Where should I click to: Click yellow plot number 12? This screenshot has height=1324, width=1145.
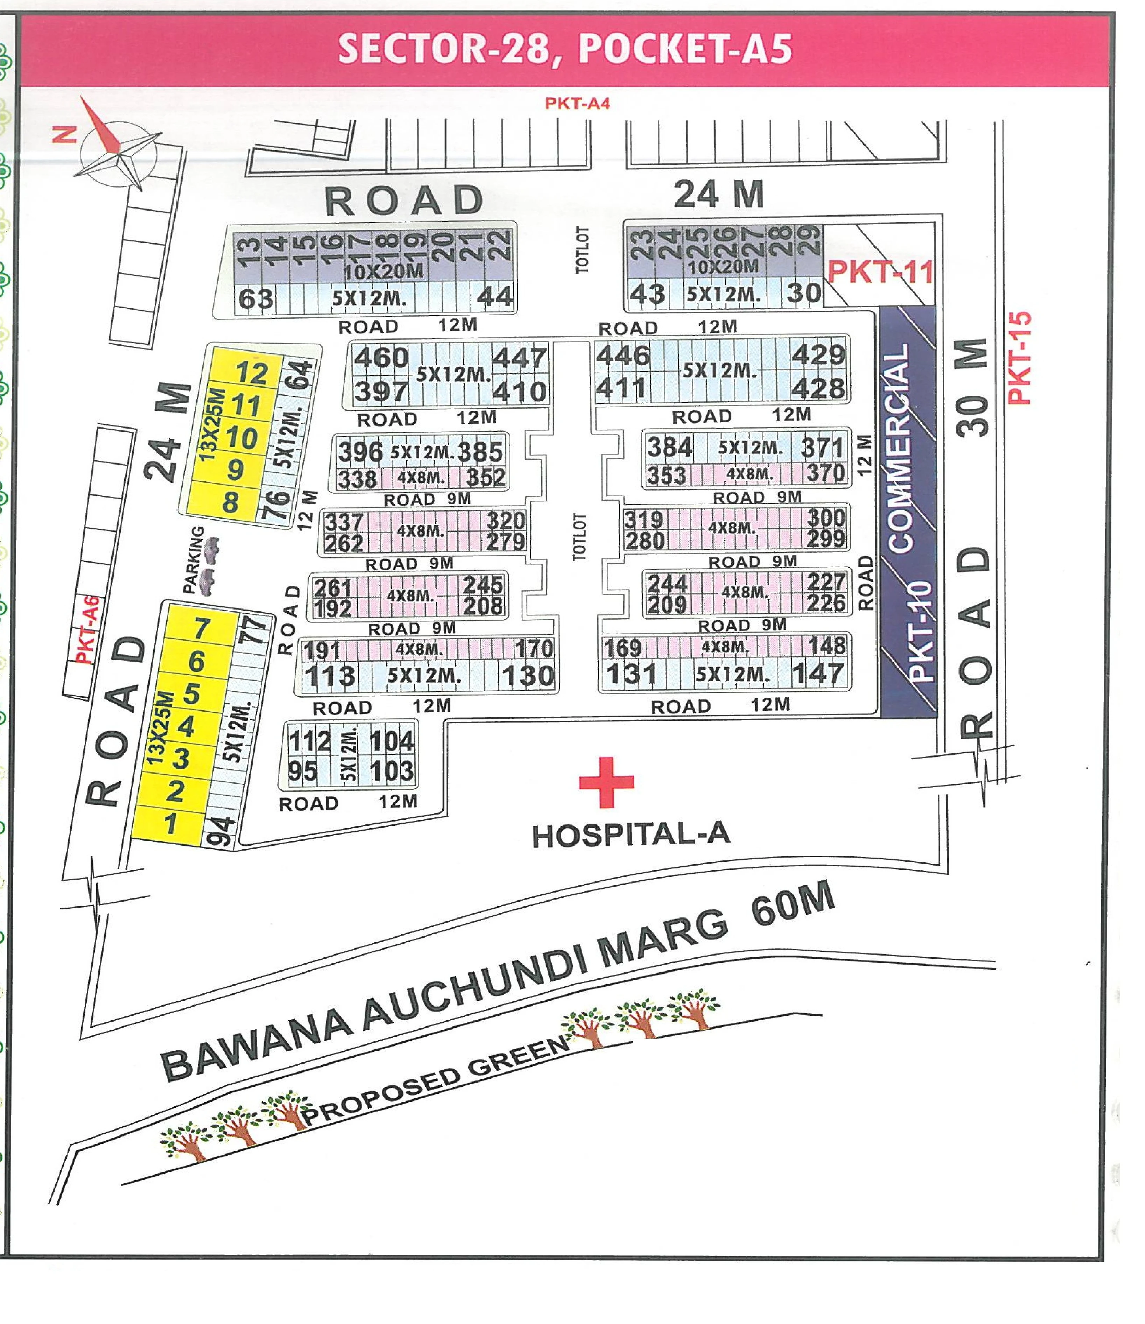(251, 373)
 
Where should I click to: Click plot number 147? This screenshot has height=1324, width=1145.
(818, 674)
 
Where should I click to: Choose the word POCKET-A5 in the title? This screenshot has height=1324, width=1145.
(687, 49)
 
